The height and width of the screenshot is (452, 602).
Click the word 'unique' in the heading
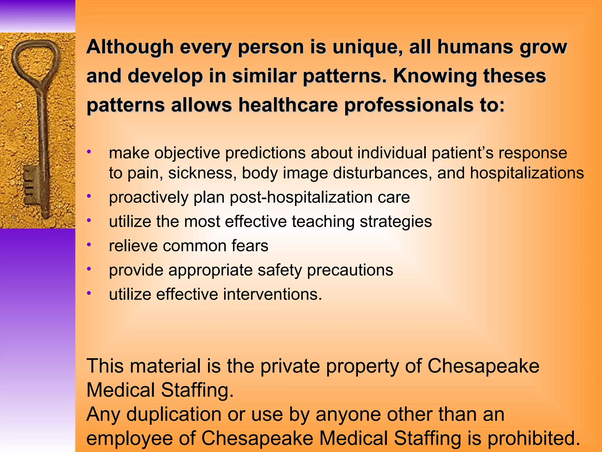367,47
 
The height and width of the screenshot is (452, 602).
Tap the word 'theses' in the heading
514,76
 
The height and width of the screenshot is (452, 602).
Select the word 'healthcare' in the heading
288,105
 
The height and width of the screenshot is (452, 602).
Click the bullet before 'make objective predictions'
89,152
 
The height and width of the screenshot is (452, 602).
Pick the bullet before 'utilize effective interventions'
89,293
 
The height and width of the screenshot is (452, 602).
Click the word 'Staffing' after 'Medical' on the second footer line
197,390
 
